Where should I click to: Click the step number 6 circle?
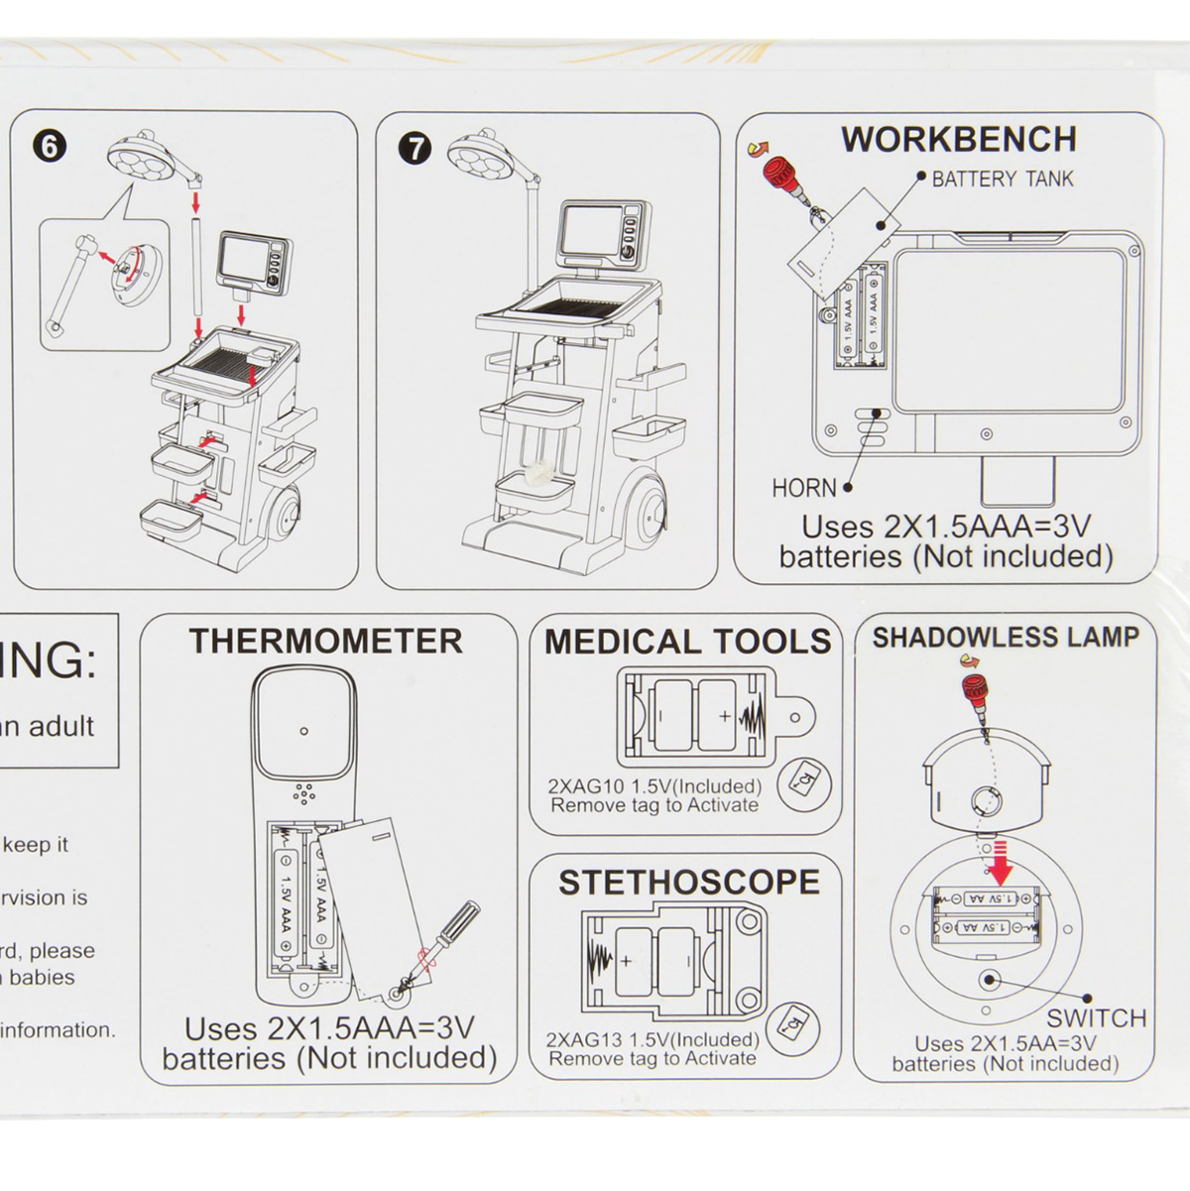pyautogui.click(x=50, y=147)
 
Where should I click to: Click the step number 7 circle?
pyautogui.click(x=416, y=149)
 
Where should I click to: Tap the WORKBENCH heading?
pyautogui.click(x=959, y=140)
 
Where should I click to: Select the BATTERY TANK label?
pyautogui.click(x=1002, y=179)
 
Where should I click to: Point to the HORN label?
pyautogui.click(x=804, y=488)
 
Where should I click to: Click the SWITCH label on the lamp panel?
pyautogui.click(x=1096, y=1018)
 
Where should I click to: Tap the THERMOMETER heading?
pyautogui.click(x=326, y=642)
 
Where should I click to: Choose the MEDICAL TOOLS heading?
pyautogui.click(x=687, y=642)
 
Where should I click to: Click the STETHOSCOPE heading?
pyautogui.click(x=689, y=883)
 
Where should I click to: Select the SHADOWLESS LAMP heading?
pyautogui.click(x=1006, y=638)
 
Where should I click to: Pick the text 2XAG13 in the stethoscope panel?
pyautogui.click(x=584, y=1039)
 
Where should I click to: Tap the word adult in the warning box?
pyautogui.click(x=60, y=727)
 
